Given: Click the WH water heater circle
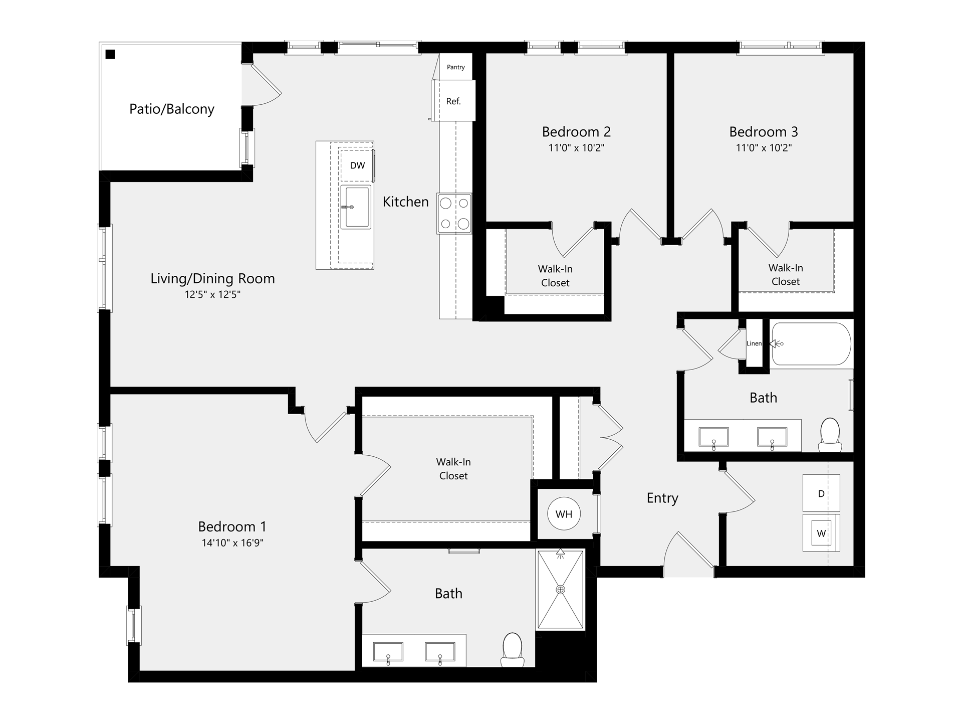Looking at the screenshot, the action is click(564, 514).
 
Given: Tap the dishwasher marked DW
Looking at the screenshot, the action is click(357, 165).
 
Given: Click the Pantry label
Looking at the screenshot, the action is click(456, 67).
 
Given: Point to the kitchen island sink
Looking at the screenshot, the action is click(356, 207).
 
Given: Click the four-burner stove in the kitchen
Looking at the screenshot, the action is click(454, 214).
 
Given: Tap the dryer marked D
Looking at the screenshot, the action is click(821, 493).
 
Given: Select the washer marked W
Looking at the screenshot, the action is click(821, 533).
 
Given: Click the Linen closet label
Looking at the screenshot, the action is click(754, 343).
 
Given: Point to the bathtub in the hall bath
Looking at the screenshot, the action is click(811, 344).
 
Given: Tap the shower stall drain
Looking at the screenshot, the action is click(561, 590).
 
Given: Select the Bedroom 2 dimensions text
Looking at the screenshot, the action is click(576, 148).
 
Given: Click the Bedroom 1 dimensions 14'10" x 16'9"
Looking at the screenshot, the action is click(232, 543).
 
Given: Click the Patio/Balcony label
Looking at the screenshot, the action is click(172, 109).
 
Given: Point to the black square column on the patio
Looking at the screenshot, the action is click(110, 54).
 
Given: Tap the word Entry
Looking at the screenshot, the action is click(662, 498).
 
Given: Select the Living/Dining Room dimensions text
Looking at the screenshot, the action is click(212, 294).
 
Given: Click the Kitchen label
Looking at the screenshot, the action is click(406, 202).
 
